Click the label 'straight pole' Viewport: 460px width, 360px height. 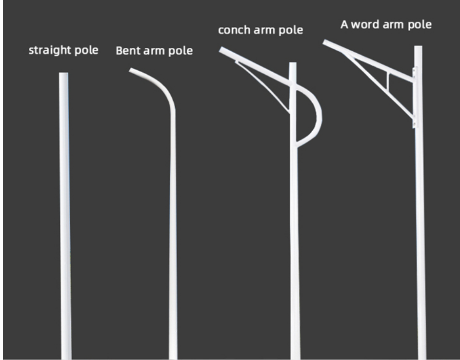point(63,50)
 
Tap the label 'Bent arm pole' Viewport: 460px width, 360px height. point(154,51)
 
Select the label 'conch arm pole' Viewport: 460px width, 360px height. point(260,30)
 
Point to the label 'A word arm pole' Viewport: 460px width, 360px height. point(386,25)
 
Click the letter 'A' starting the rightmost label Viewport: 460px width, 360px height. point(344,25)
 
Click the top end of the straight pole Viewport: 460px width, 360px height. point(63,75)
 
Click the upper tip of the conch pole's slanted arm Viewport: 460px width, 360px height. point(222,50)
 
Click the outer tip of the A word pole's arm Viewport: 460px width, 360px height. point(326,42)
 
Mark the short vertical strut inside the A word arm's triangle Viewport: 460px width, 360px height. point(388,81)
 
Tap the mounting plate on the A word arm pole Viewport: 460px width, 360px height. point(415,98)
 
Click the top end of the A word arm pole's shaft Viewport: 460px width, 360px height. point(418,48)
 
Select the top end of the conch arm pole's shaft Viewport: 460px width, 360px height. point(293,64)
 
